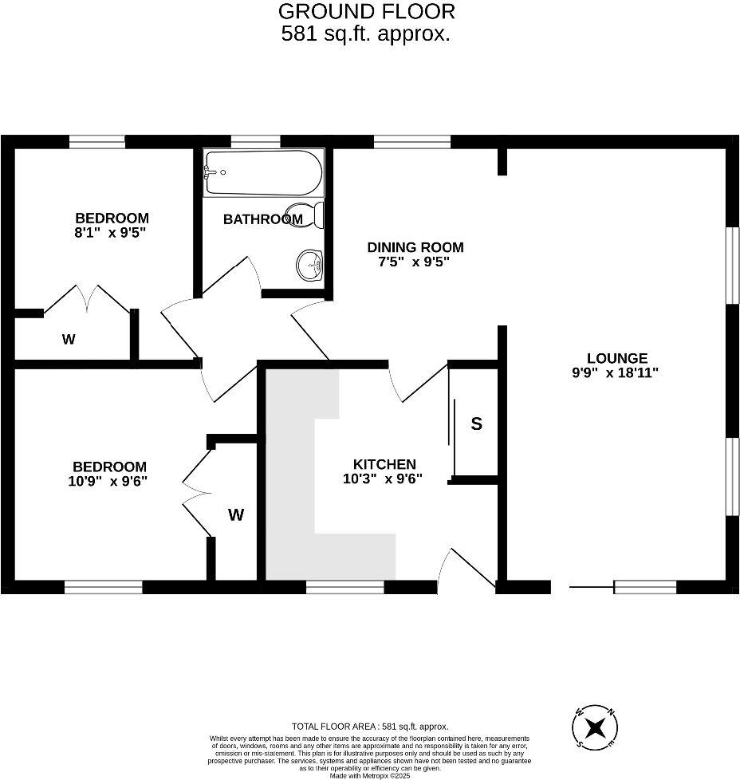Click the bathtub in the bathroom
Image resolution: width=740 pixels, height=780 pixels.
[x=264, y=173]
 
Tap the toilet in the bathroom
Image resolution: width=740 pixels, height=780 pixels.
[x=310, y=215]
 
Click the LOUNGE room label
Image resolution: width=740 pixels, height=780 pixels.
[x=617, y=359]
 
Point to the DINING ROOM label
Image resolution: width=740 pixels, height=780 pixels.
[x=415, y=248]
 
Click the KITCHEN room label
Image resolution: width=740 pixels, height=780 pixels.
[x=384, y=465]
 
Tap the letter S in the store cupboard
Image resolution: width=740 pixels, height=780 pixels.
[x=476, y=423]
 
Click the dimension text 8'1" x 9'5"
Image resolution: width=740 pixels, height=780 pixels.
[x=112, y=233]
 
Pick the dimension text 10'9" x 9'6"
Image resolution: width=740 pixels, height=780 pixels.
[x=108, y=481]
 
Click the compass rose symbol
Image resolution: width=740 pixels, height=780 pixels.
[x=595, y=727]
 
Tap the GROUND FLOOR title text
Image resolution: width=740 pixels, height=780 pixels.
[x=366, y=12]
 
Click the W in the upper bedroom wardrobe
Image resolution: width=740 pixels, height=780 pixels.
[x=69, y=340]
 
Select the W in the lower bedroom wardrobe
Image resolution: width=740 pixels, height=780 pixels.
[x=235, y=515]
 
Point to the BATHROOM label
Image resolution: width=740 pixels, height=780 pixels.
[x=262, y=219]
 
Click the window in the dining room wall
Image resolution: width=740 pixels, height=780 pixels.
[x=411, y=142]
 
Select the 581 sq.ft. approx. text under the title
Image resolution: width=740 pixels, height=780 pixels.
[x=366, y=34]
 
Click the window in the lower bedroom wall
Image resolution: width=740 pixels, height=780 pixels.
[x=104, y=587]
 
